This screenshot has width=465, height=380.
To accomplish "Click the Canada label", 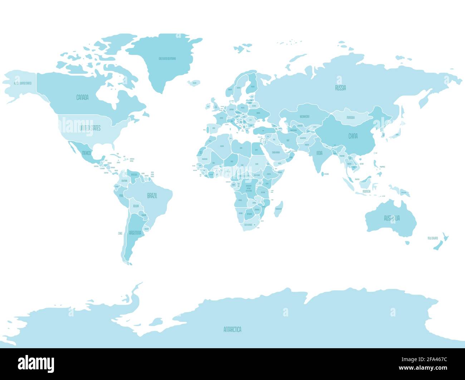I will pyautogui.click(x=82, y=97).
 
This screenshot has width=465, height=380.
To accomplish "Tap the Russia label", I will pyautogui.click(x=340, y=88).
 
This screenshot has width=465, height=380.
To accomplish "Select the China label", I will pyautogui.click(x=353, y=136).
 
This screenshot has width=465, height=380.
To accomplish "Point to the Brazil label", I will pyautogui.click(x=153, y=196).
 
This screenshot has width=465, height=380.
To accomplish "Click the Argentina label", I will pyautogui.click(x=135, y=232).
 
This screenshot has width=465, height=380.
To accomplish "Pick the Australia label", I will pyautogui.click(x=392, y=218).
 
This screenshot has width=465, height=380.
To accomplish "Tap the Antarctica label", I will pyautogui.click(x=232, y=329).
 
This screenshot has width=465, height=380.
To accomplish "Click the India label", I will pyautogui.click(x=319, y=153).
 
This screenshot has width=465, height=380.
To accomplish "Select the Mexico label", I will pyautogui.click(x=87, y=153).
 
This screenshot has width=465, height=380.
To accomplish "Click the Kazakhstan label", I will pyautogui.click(x=305, y=116).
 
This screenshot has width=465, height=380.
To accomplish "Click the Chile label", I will pyautogui.click(x=120, y=233).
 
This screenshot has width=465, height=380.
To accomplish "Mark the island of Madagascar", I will pyautogui.click(x=278, y=209).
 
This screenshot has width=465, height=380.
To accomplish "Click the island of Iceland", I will pyautogui.click(x=194, y=82).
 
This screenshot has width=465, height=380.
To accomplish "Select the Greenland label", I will pyautogui.click(x=167, y=59).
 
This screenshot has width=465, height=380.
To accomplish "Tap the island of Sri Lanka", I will pyautogui.click(x=324, y=174).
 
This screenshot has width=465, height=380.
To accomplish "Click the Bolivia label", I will pyautogui.click(x=136, y=206).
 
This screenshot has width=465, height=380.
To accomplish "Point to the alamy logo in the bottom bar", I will pyautogui.click(x=36, y=364).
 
